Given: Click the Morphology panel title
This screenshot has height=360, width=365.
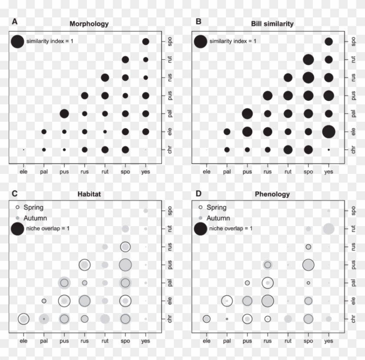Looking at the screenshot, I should coord(89,24).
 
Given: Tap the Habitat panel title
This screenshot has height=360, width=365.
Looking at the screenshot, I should coord(89,194).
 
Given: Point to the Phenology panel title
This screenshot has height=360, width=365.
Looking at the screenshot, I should coord(272,194).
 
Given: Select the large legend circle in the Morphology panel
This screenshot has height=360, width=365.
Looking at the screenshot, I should coord(17,41).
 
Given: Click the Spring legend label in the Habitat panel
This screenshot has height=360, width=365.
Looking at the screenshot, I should coord(33,207).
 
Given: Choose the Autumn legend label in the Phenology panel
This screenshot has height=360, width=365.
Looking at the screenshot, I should coord(218,218).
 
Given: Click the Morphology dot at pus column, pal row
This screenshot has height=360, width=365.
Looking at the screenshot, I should coord(64,113).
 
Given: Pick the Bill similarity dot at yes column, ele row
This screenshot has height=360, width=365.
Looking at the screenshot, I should coord(328,131).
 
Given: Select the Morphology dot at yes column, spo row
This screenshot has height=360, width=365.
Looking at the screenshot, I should coord(146,41).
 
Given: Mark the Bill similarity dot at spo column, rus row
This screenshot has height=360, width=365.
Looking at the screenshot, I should coord(308,77).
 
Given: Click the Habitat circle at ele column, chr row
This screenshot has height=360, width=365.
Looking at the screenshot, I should coord(23,319).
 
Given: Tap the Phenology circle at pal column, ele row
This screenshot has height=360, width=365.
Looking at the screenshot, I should coord(227,300).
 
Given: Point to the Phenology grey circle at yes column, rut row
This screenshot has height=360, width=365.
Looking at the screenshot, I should coord(328,228).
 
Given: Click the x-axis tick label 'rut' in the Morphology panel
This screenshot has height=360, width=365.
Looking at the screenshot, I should coord(105,171).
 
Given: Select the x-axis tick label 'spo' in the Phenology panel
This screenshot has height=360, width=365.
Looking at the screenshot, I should coord(308,341).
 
